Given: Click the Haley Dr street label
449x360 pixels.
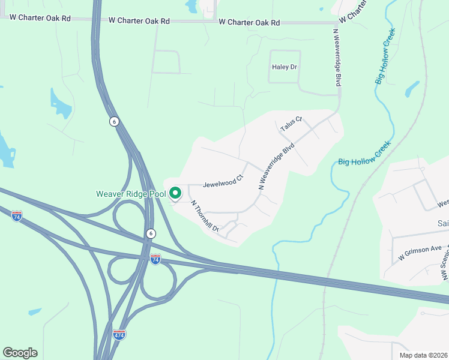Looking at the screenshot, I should tap(285, 67).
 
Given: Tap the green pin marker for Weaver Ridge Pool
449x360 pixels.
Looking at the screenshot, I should tap(175, 193).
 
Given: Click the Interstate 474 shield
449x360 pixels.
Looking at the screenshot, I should tap(119, 334).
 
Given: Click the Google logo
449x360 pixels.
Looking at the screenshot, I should tap(20, 353).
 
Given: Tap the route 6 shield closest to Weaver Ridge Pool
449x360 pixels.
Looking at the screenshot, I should tap(150, 233).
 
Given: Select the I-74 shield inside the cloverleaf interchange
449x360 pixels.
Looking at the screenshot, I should tap(155, 259).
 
